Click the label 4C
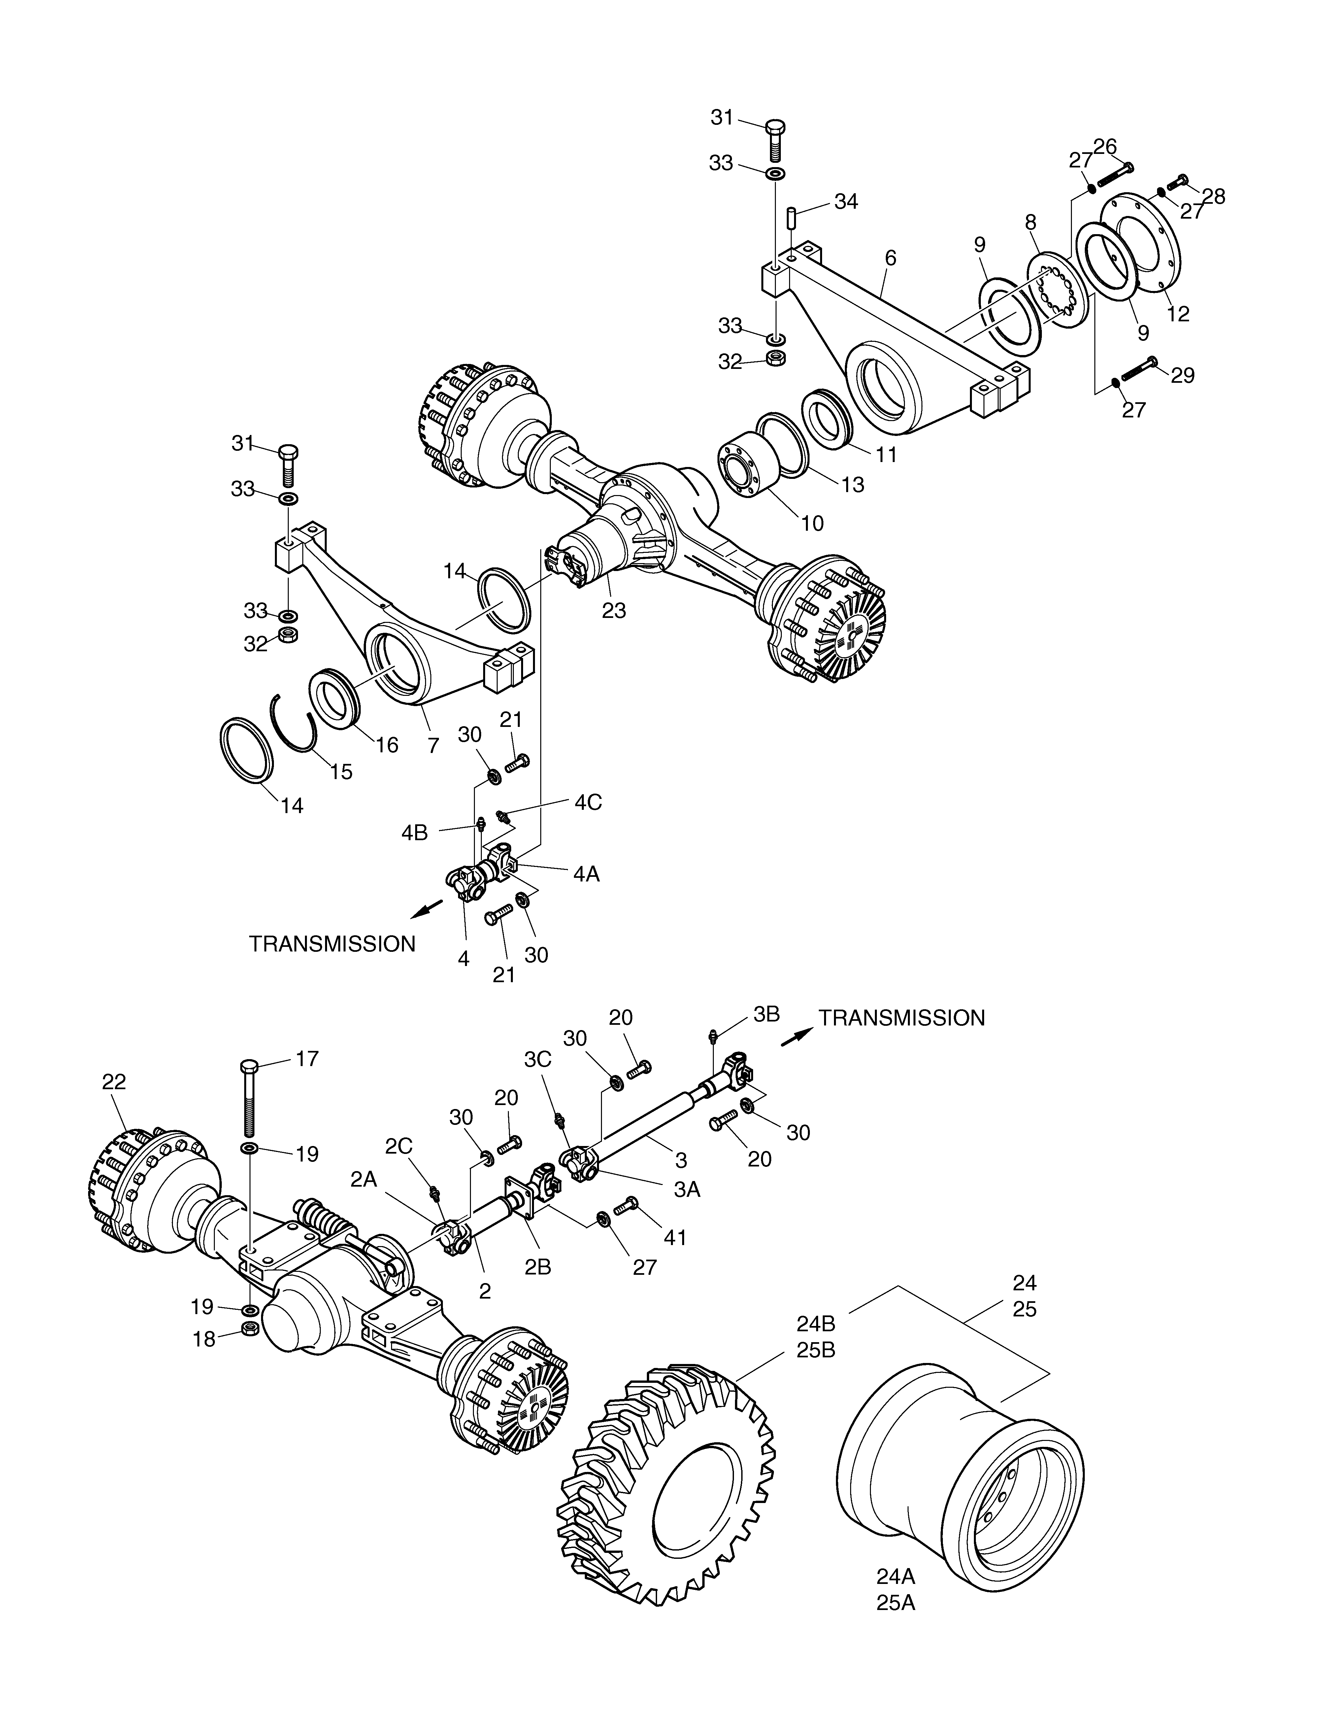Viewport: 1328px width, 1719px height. [588, 803]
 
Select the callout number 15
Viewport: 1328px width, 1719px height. [341, 771]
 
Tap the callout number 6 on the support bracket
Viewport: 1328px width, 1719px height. [891, 258]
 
